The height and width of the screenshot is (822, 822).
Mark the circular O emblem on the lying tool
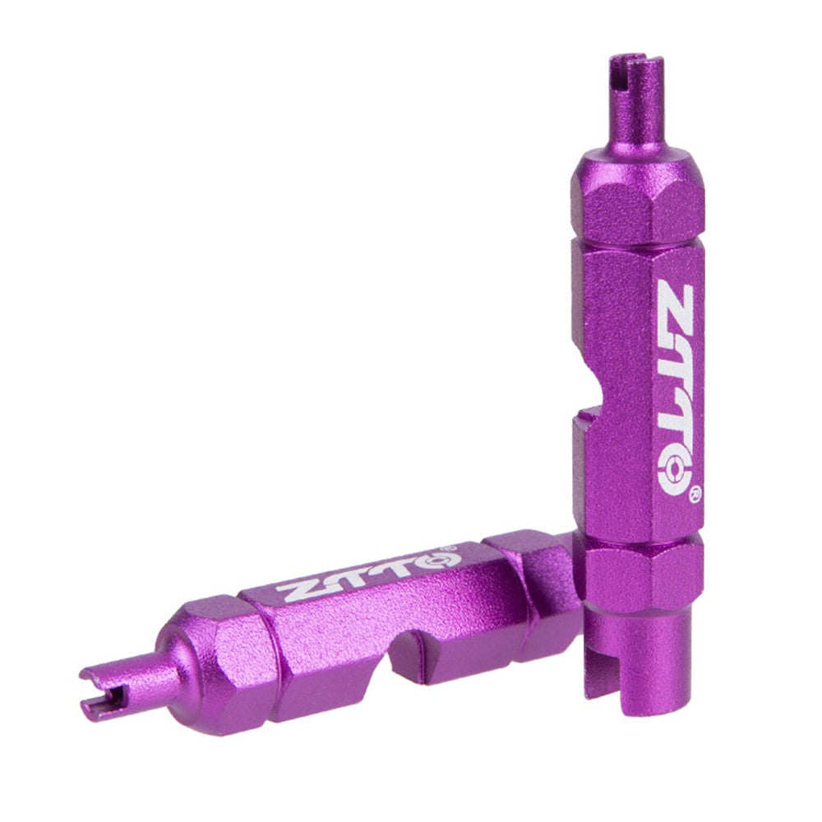pos(426,561)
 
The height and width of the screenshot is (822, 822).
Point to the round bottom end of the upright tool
pos(637,658)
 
